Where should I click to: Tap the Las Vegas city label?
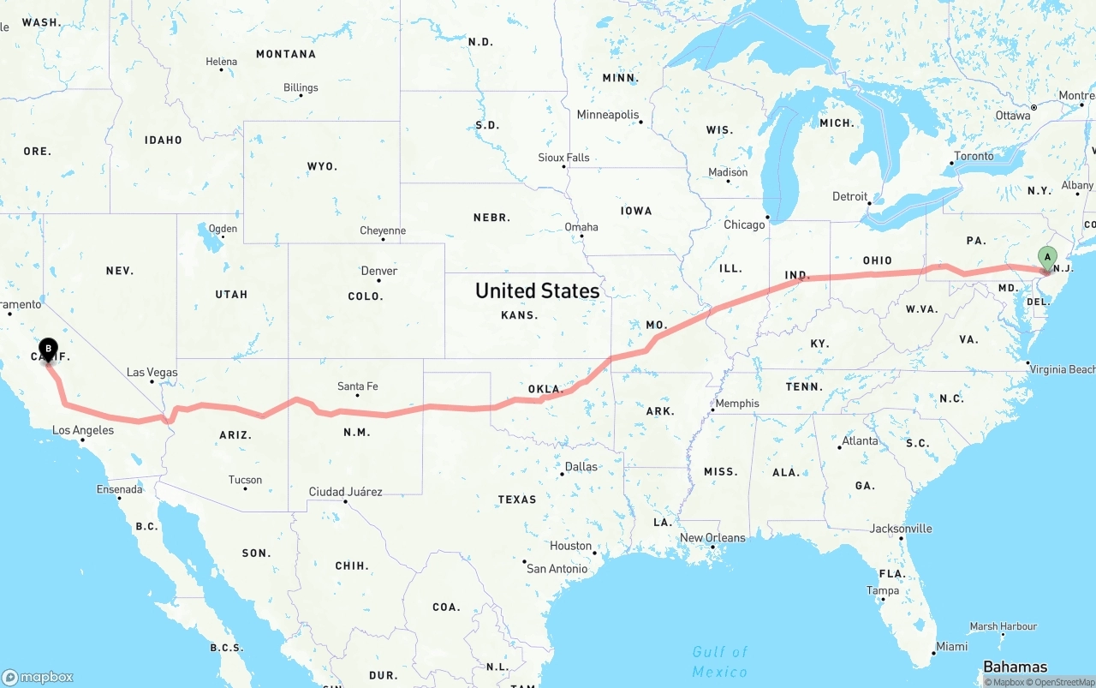click(x=152, y=373)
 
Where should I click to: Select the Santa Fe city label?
click(x=357, y=386)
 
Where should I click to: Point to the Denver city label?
click(x=378, y=271)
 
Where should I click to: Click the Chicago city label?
click(x=744, y=224)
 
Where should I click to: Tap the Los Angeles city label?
click(x=82, y=430)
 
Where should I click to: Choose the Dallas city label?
click(x=581, y=467)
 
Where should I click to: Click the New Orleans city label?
click(x=712, y=538)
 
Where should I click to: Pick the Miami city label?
click(x=951, y=646)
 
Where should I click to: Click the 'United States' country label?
click(x=537, y=291)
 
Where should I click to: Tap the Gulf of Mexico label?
click(x=719, y=662)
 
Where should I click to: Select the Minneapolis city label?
click(x=608, y=115)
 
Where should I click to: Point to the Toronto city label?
click(x=974, y=156)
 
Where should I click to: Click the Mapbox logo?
click(x=38, y=677)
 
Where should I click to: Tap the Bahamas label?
click(x=1015, y=667)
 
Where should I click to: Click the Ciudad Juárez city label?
click(x=345, y=492)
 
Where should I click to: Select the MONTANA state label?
click(x=286, y=54)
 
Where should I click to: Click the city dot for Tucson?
click(x=246, y=489)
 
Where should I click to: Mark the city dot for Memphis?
click(x=713, y=410)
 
